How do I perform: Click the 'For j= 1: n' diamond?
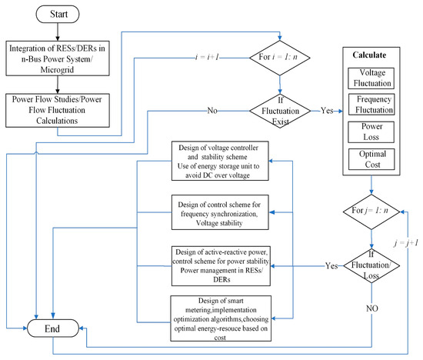tap(371, 210)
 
